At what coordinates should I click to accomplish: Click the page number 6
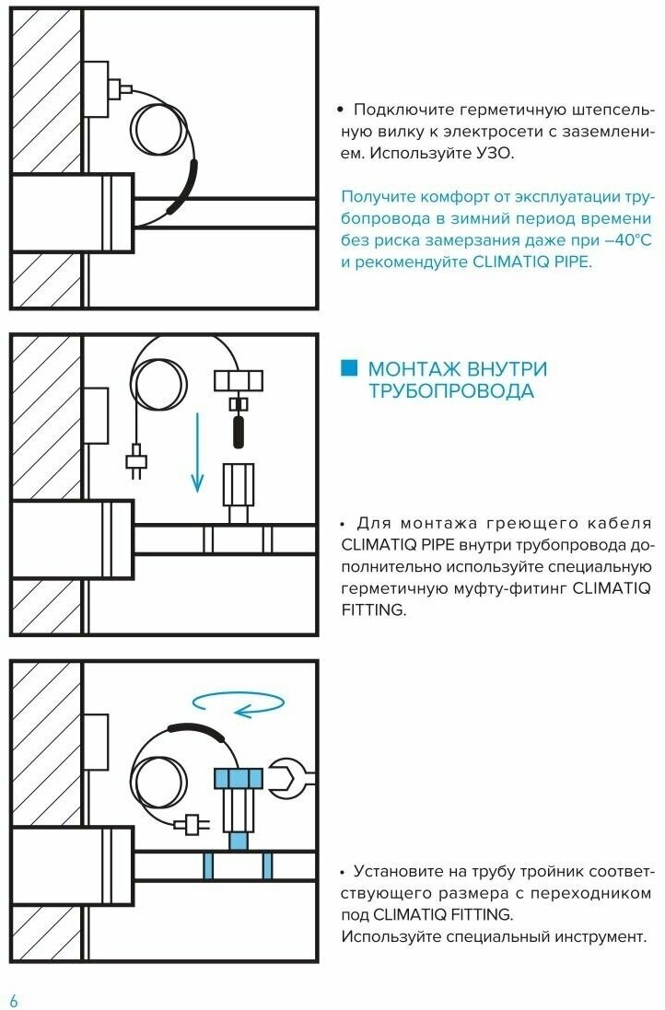13,1000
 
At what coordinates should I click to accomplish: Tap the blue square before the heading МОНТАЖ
348,369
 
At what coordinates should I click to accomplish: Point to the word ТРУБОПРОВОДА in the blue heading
450,391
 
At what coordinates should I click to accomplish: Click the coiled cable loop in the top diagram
160,131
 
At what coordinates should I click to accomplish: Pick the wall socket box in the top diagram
97,90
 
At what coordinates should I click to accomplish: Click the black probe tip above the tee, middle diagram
239,431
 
